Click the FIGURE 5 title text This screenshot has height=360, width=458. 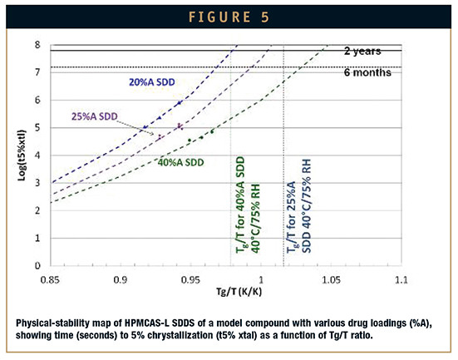pos(229,17)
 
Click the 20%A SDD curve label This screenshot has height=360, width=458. pos(152,82)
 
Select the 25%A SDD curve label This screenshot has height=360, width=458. pos(95,116)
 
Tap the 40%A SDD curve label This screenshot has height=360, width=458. pos(181,162)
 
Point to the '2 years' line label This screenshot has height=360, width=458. pos(362,52)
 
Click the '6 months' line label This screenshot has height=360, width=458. pos(367,72)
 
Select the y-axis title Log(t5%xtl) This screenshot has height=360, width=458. pos(22,155)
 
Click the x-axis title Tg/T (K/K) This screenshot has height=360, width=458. pos(239,291)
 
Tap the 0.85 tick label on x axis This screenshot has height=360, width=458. pos(50,280)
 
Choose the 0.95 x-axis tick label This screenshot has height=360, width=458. pos(190,280)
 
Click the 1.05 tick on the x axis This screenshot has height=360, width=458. pos(331,280)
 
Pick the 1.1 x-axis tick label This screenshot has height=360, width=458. pos(401,280)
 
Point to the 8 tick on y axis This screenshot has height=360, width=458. pos(37,45)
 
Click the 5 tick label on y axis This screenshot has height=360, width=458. pos(37,128)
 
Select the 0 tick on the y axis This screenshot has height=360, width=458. pos(37,265)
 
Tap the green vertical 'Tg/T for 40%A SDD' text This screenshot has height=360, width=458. pos(248,205)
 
